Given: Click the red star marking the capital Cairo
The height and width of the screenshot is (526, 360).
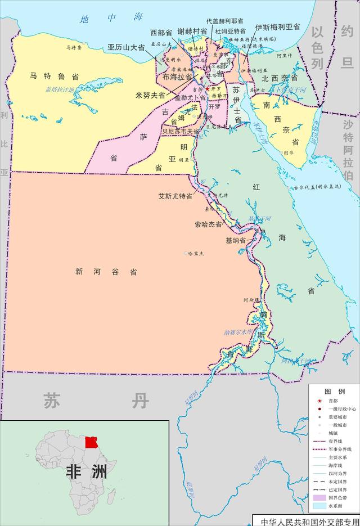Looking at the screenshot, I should (x=207, y=89).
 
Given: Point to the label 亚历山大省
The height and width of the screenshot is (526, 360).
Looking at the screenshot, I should (x=126, y=48).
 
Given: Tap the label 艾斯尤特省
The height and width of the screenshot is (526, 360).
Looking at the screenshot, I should (x=175, y=197).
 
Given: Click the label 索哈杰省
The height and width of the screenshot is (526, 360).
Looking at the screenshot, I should (x=208, y=224).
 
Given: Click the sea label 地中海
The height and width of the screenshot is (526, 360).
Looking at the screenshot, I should (x=111, y=19).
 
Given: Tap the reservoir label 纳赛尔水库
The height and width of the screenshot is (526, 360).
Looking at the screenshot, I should (x=241, y=332).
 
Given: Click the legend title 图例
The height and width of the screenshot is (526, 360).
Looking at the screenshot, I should (x=335, y=391).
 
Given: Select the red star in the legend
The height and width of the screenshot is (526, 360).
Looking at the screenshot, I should (x=319, y=400).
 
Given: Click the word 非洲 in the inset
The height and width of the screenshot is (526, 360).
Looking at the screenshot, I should (x=85, y=471).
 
